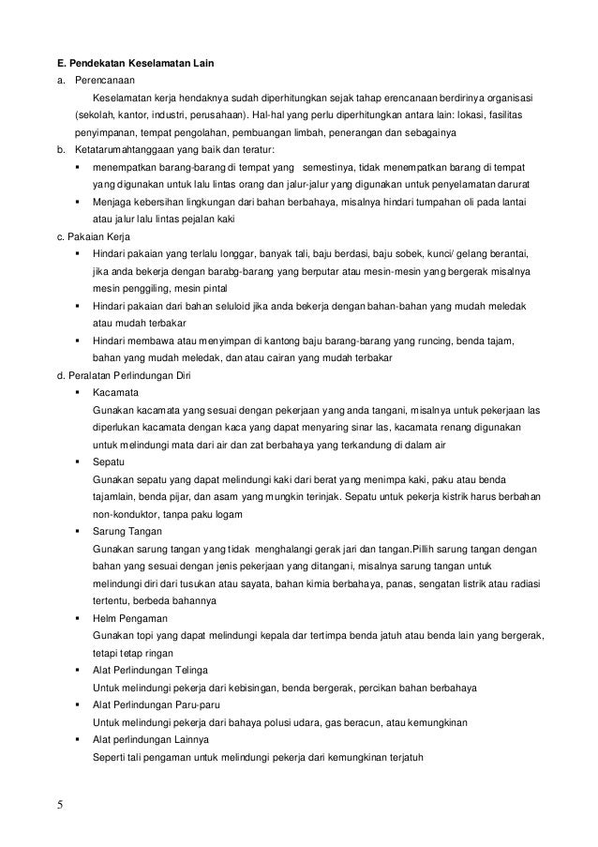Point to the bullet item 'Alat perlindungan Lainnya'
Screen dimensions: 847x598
pyautogui.click(x=153, y=740)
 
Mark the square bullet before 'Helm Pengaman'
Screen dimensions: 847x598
pyautogui.click(x=76, y=618)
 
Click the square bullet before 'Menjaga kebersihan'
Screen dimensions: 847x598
pyautogui.click(x=76, y=203)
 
